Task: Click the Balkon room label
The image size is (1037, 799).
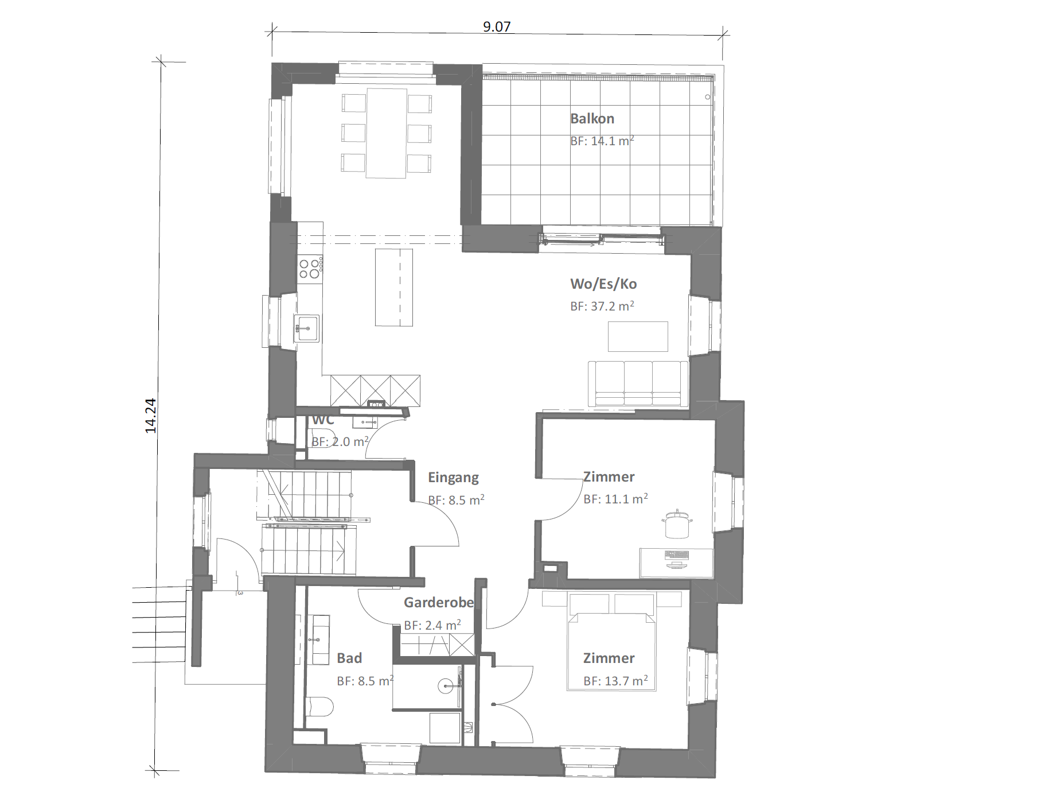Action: (592, 119)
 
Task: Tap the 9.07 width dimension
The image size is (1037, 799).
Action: (497, 26)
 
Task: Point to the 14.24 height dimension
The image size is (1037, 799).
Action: (150, 416)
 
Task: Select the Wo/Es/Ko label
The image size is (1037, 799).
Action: (603, 284)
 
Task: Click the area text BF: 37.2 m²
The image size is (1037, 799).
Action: (602, 306)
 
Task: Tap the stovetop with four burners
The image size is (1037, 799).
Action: (310, 269)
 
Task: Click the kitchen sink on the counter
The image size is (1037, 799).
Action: (307, 328)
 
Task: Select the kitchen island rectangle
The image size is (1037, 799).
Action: (394, 287)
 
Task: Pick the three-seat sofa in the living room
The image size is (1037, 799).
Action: (638, 384)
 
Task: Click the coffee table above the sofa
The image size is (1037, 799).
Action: (638, 336)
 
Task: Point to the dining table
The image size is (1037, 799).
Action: (387, 133)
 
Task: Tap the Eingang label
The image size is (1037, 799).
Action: (453, 478)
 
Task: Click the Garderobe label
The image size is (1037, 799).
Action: (439, 602)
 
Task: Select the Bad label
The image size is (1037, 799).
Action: (349, 658)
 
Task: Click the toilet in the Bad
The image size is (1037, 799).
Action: (319, 706)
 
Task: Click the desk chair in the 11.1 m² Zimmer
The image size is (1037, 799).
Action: (677, 524)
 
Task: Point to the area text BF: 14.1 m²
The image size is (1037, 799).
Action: (602, 141)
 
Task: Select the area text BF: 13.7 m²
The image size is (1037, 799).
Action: (615, 681)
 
